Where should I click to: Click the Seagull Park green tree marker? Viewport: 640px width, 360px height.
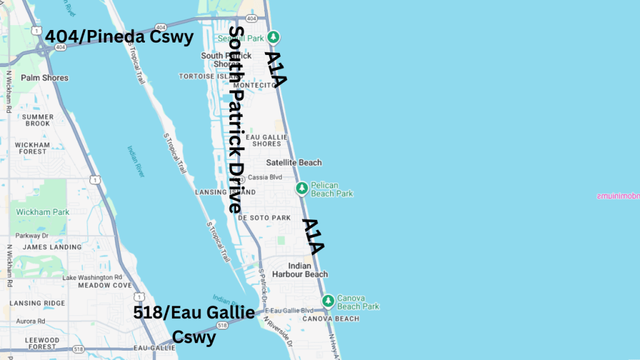[x=272, y=36]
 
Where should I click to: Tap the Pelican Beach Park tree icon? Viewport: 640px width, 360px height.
[x=302, y=187]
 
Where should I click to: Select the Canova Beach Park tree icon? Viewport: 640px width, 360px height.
[x=328, y=302]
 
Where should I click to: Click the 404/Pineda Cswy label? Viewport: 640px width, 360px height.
[x=119, y=37]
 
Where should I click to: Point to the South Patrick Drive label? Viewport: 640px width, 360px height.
[x=236, y=119]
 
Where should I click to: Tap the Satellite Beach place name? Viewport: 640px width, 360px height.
[x=294, y=162]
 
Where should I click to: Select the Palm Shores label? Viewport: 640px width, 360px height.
[x=44, y=78]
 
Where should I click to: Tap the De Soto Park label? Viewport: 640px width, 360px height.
[x=265, y=218]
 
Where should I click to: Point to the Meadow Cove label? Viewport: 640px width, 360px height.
[x=105, y=286]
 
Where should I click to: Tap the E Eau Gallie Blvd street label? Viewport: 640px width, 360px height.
[x=289, y=311]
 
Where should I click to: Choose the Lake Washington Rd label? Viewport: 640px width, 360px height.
[x=92, y=277]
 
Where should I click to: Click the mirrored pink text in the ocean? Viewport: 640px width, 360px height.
[x=617, y=196]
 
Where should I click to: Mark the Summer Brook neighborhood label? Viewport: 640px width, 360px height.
[x=37, y=120]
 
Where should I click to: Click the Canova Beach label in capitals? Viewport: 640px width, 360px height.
[x=331, y=319]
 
